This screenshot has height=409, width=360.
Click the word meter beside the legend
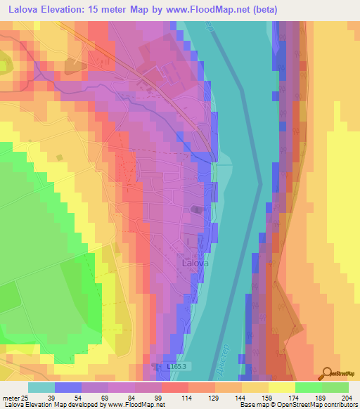(9, 398)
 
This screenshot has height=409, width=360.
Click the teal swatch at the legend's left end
(41, 387)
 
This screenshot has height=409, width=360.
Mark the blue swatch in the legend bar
(68, 387)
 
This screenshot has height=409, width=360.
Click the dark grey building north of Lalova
(197, 209)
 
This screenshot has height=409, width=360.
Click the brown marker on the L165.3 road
(155, 366)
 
